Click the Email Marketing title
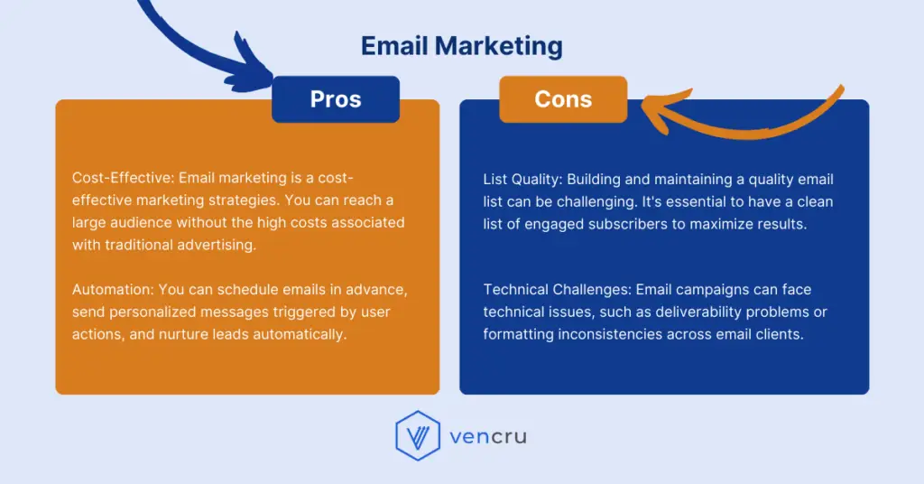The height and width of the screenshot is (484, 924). coord(461,46)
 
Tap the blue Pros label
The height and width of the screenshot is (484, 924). coord(336,99)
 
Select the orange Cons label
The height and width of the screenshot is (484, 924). coord(563,99)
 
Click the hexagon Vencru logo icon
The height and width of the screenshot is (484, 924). coord(417,437)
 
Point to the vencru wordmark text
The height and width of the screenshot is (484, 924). coord(487,438)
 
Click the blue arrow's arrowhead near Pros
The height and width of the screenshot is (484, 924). coord(262,79)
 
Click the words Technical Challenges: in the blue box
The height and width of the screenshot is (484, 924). coord(557,290)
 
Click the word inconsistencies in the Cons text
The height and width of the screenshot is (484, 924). coord(613,334)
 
